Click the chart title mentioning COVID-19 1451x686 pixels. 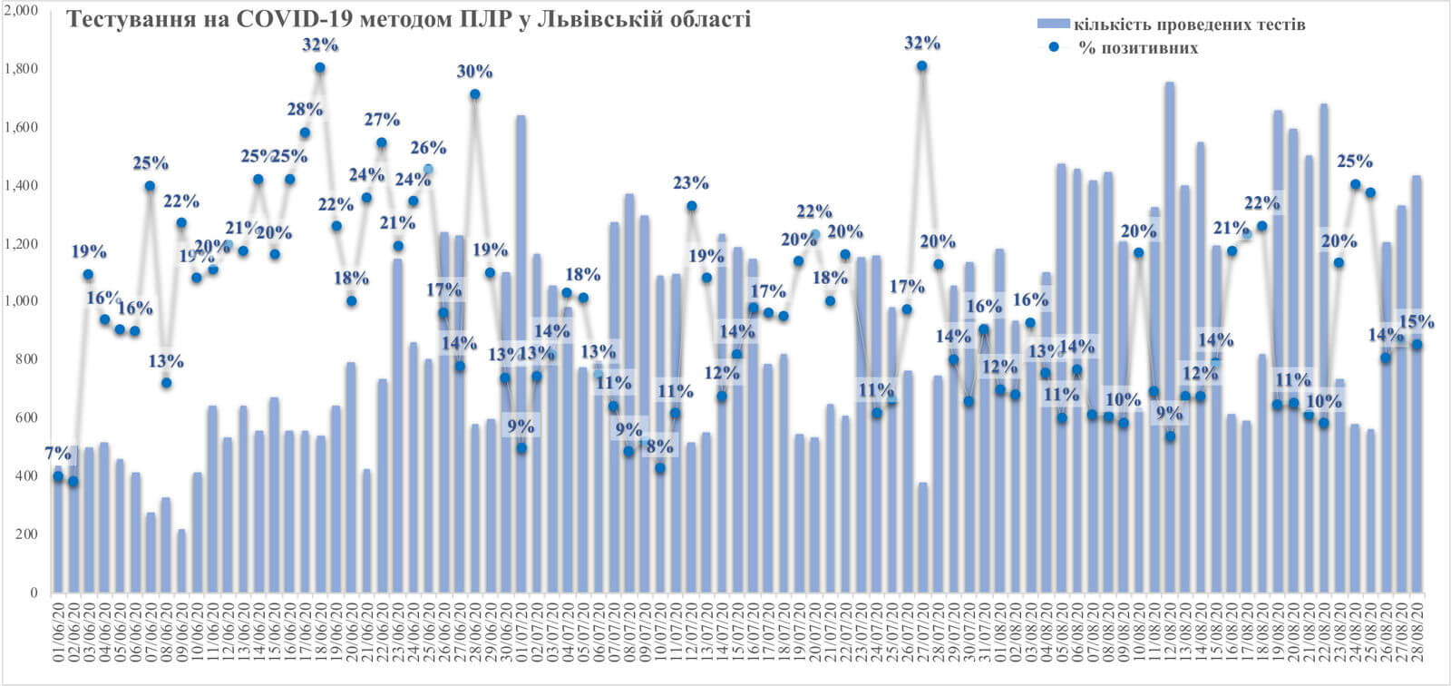point(409,20)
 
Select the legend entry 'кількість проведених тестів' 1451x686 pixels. point(1189,24)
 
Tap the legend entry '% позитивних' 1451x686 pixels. point(1137,48)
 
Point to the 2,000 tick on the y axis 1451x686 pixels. point(21,11)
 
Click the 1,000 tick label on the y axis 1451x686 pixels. point(21,301)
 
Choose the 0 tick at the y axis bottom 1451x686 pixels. point(34,593)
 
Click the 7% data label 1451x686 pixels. point(57,453)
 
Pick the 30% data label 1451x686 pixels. point(474,72)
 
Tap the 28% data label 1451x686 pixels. point(305,110)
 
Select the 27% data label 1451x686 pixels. point(382,120)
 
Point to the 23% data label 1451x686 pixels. point(691,183)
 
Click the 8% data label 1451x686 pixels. point(660,446)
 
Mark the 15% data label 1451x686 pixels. point(1417,322)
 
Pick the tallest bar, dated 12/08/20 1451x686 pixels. point(1170,363)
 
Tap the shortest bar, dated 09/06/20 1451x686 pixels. point(181,563)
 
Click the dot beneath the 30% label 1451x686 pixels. point(474,94)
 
